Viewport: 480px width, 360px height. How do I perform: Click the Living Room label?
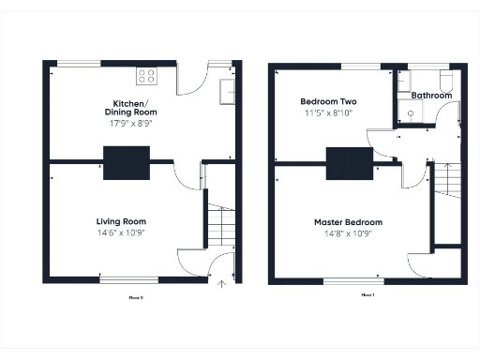point(121,221)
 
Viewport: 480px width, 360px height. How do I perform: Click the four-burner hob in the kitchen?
point(147,76)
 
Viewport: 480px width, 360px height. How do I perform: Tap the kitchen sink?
point(228,91)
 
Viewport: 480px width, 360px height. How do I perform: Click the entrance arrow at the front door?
point(222,280)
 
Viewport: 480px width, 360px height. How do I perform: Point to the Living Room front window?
point(128,279)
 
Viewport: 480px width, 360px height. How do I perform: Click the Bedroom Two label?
point(328,101)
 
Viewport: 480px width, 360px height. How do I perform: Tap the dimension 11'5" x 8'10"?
point(328,112)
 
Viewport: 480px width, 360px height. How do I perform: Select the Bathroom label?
point(431,96)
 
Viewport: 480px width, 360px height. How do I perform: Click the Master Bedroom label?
point(348,222)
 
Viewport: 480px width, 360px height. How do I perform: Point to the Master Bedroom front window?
point(352,280)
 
